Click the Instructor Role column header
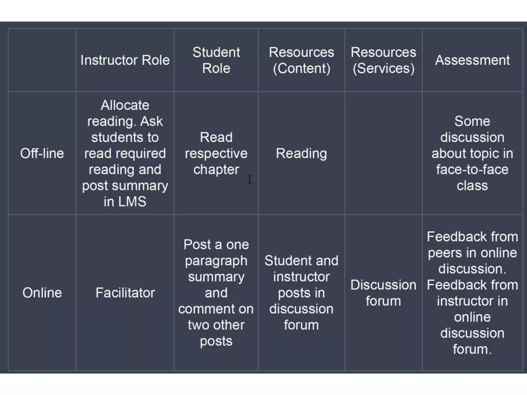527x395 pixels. point(125,60)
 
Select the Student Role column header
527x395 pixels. point(216,60)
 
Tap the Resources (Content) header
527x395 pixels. point(301,60)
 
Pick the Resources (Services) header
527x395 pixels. point(383,60)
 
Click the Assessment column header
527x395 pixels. point(472,60)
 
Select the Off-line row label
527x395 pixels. point(42,153)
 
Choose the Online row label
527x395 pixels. point(42,293)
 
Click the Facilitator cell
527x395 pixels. point(125,293)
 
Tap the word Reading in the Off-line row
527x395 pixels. point(301,153)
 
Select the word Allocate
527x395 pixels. point(125,105)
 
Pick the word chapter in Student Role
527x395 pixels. point(216,169)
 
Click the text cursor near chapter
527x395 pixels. point(250,179)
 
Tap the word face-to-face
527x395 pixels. point(472,169)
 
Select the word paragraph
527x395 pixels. point(216,261)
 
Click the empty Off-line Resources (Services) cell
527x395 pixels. point(383,153)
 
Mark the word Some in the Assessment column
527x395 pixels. point(472,121)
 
